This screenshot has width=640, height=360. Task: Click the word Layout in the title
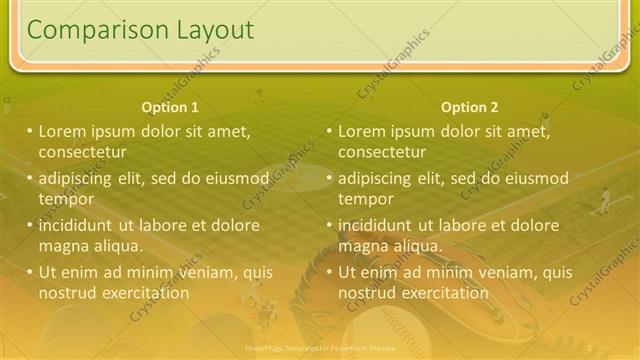coord(217,31)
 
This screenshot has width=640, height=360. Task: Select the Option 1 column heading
coord(170,107)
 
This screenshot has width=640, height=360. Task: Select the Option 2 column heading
coord(469,107)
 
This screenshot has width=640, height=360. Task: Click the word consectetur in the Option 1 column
coord(82,152)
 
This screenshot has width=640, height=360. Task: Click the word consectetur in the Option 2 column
coord(382,152)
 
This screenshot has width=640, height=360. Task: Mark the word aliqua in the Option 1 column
coord(119,246)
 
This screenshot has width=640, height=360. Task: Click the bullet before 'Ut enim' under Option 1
coord(30,272)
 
